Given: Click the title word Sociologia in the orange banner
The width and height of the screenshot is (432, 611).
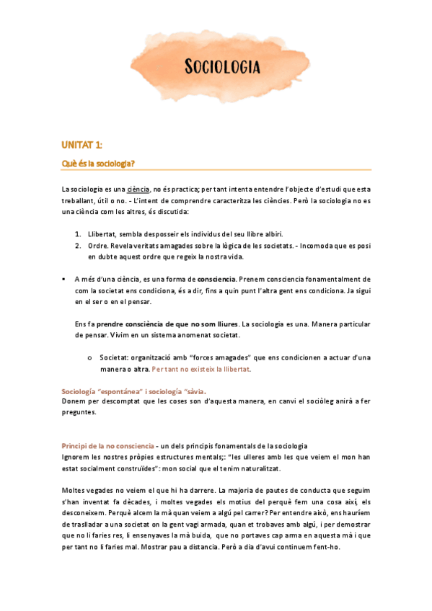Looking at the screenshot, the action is (x=222, y=68).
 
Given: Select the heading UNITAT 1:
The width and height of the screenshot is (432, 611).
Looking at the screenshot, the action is (x=81, y=146).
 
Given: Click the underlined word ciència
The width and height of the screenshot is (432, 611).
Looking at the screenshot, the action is (x=138, y=188).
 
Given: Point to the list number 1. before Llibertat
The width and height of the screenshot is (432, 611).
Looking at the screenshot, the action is (x=78, y=234).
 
